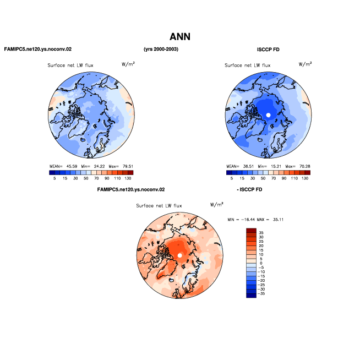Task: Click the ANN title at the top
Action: pos(180,37)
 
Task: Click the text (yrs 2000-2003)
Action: pos(161,49)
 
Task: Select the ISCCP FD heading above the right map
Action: pos(268,50)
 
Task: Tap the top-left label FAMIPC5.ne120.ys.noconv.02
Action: pos(38,49)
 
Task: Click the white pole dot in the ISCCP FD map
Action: pos(268,115)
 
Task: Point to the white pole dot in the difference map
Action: pos(180,255)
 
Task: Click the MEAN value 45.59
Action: pos(72,166)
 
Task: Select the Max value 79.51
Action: pos(128,166)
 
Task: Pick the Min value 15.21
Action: pos(276,166)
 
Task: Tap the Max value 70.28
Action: pos(304,166)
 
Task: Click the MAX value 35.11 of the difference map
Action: pos(278,220)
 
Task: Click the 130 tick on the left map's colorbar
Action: pos(128,178)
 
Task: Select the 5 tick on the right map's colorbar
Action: pos(232,178)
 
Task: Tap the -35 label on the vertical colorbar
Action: pos(261,293)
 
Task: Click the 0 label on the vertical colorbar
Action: pos(261,263)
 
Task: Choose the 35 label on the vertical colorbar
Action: pos(261,233)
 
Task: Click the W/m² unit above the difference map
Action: pos(217,204)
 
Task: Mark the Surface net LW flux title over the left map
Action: pos(70,66)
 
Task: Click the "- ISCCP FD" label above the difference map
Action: pos(249,189)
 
